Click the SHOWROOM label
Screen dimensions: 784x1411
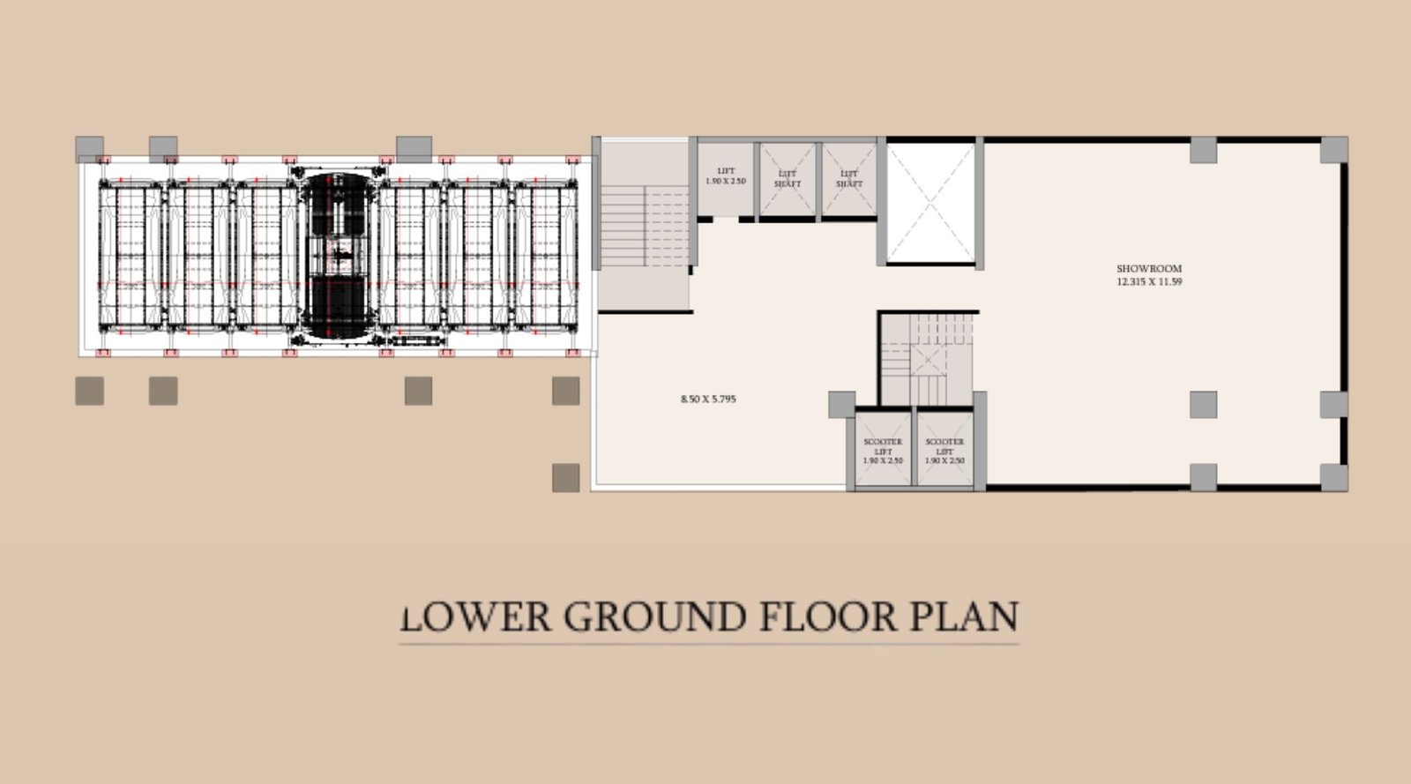click(1148, 268)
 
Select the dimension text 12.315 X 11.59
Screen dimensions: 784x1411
click(1148, 282)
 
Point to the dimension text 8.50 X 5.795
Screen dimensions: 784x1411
click(708, 399)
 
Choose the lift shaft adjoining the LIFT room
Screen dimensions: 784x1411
click(787, 180)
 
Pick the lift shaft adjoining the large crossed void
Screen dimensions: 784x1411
click(848, 180)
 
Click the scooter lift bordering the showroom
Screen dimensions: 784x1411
click(944, 450)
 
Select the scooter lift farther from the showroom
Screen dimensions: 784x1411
click(882, 450)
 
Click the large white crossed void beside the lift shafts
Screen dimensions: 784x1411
click(929, 202)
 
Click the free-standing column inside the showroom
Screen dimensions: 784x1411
click(1203, 405)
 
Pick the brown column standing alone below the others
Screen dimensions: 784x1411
click(565, 478)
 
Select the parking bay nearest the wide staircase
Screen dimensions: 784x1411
click(546, 255)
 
